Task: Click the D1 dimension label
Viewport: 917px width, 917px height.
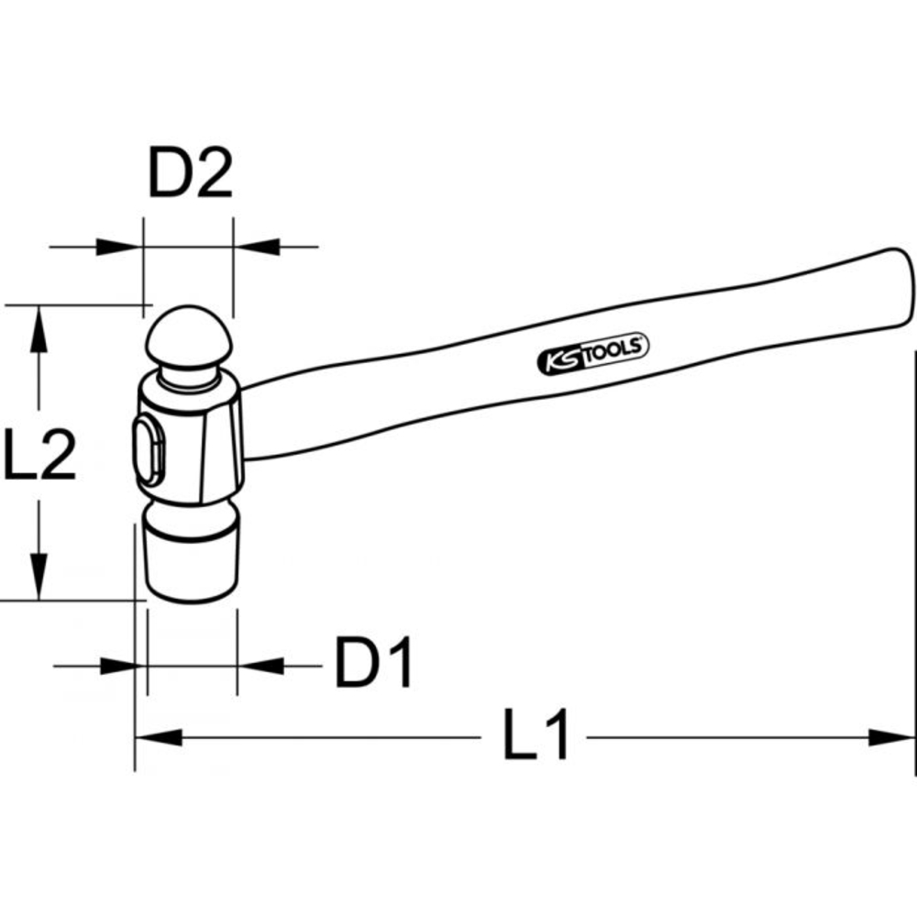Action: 374,663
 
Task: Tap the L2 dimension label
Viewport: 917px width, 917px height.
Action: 39,452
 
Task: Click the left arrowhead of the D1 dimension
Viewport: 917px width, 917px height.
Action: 124,664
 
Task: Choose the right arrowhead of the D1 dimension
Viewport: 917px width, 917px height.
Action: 260,664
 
